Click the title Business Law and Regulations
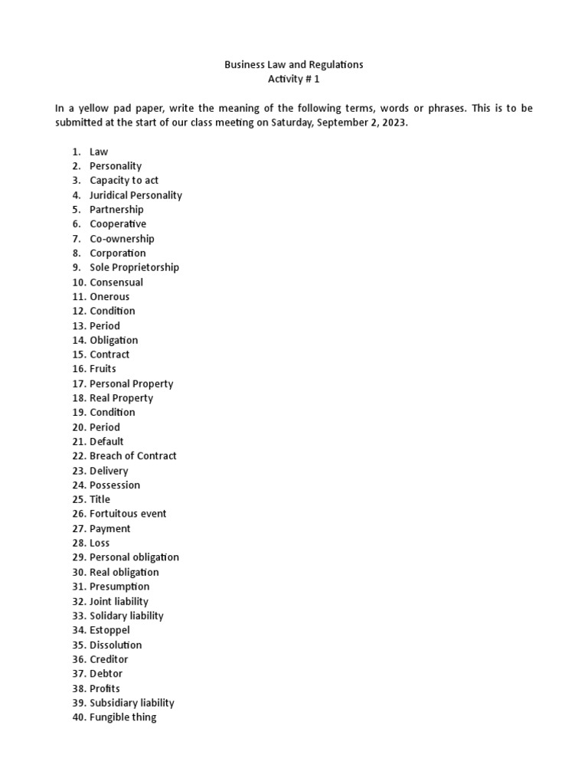[293, 65]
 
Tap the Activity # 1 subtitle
[293, 80]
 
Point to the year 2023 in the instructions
[393, 122]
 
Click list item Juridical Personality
[136, 195]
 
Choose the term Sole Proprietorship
[134, 267]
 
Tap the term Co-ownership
[122, 238]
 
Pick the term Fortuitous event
[128, 514]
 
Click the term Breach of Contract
[132, 456]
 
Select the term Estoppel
[109, 630]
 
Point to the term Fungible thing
[122, 717]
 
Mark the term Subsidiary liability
[132, 703]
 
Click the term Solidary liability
[126, 616]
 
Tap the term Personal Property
[131, 384]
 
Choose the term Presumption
[119, 586]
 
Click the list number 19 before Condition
[79, 413]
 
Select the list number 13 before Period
[79, 325]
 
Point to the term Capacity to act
[124, 181]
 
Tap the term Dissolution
[116, 645]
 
